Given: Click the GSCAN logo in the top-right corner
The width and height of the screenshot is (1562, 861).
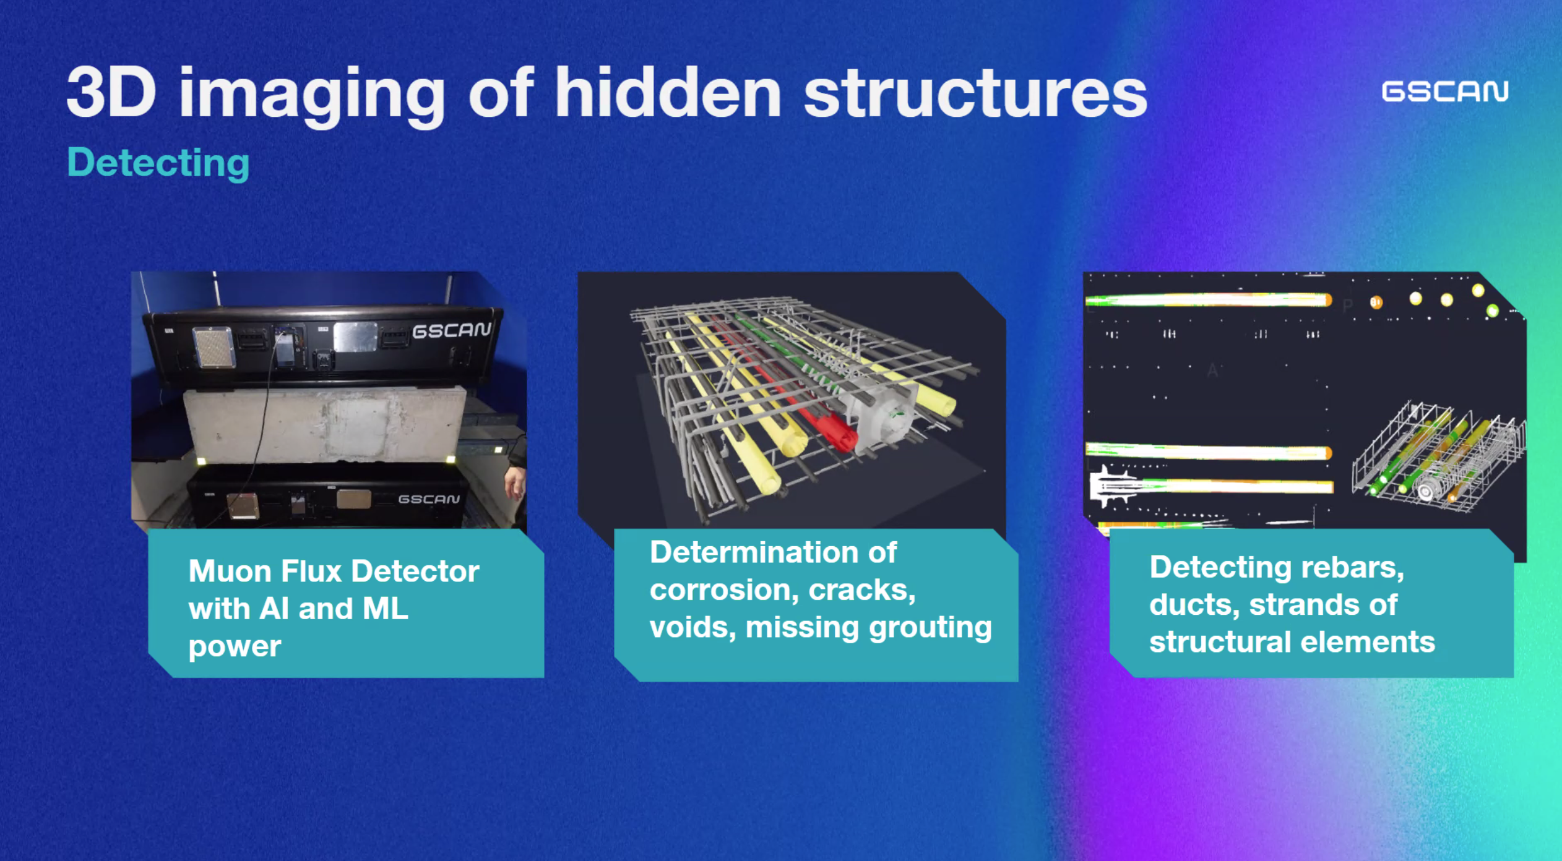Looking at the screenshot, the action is coord(1445,92).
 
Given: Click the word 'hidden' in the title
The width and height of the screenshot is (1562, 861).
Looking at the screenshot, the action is coord(668,93).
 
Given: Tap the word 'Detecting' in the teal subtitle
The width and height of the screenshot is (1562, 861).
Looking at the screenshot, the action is coord(158,163).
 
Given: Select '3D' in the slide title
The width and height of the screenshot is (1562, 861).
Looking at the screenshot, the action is coord(111,92).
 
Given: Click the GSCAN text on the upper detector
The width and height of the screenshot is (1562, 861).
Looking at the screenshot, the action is coord(452,330).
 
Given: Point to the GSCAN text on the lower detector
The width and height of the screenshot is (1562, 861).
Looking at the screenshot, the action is coord(429,499).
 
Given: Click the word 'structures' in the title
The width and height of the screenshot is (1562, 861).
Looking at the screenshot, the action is coord(976,93).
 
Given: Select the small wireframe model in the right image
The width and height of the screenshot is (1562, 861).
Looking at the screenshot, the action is coord(1439,458).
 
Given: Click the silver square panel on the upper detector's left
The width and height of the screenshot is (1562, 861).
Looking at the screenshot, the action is coord(214,347).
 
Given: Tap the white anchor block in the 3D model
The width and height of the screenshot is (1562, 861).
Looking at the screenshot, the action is coord(882,414).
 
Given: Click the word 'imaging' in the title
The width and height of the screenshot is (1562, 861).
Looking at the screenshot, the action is coord(312,95).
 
